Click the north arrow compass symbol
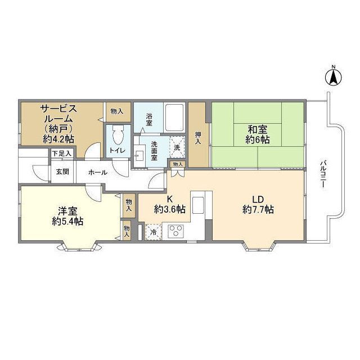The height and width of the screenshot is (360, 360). click(334, 78)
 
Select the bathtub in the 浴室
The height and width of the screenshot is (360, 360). click(175, 118)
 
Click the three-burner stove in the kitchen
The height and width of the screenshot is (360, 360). click(176, 231)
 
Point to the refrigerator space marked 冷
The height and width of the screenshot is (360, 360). click(153, 232)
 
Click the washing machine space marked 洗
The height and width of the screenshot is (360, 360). click(177, 147)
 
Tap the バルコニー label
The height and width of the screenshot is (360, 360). click(323, 174)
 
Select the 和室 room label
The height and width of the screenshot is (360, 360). click(258, 130)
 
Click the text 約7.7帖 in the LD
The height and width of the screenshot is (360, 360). click(258, 209)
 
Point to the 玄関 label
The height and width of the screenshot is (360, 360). click(62, 172)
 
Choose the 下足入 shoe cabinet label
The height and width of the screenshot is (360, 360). click(62, 154)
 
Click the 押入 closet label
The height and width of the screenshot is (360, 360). click(198, 138)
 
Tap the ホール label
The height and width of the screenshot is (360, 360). click(97, 172)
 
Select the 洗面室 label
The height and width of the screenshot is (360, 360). click(154, 150)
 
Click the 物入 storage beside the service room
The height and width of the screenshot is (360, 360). click(117, 112)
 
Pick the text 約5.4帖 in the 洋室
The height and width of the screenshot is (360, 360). click(67, 221)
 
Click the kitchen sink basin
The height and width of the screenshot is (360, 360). click(198, 205)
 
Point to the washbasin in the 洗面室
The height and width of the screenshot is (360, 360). click(139, 156)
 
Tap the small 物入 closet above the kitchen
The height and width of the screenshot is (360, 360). click(178, 164)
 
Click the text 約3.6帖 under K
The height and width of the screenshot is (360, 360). click(170, 209)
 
